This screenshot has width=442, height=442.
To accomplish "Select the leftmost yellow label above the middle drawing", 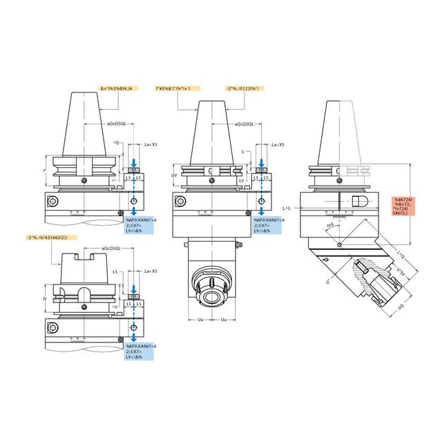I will pos(177,88).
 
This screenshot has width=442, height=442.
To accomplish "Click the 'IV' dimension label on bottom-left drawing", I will pos(45,298).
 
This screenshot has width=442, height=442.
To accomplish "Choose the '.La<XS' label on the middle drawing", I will pos(278,144).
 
